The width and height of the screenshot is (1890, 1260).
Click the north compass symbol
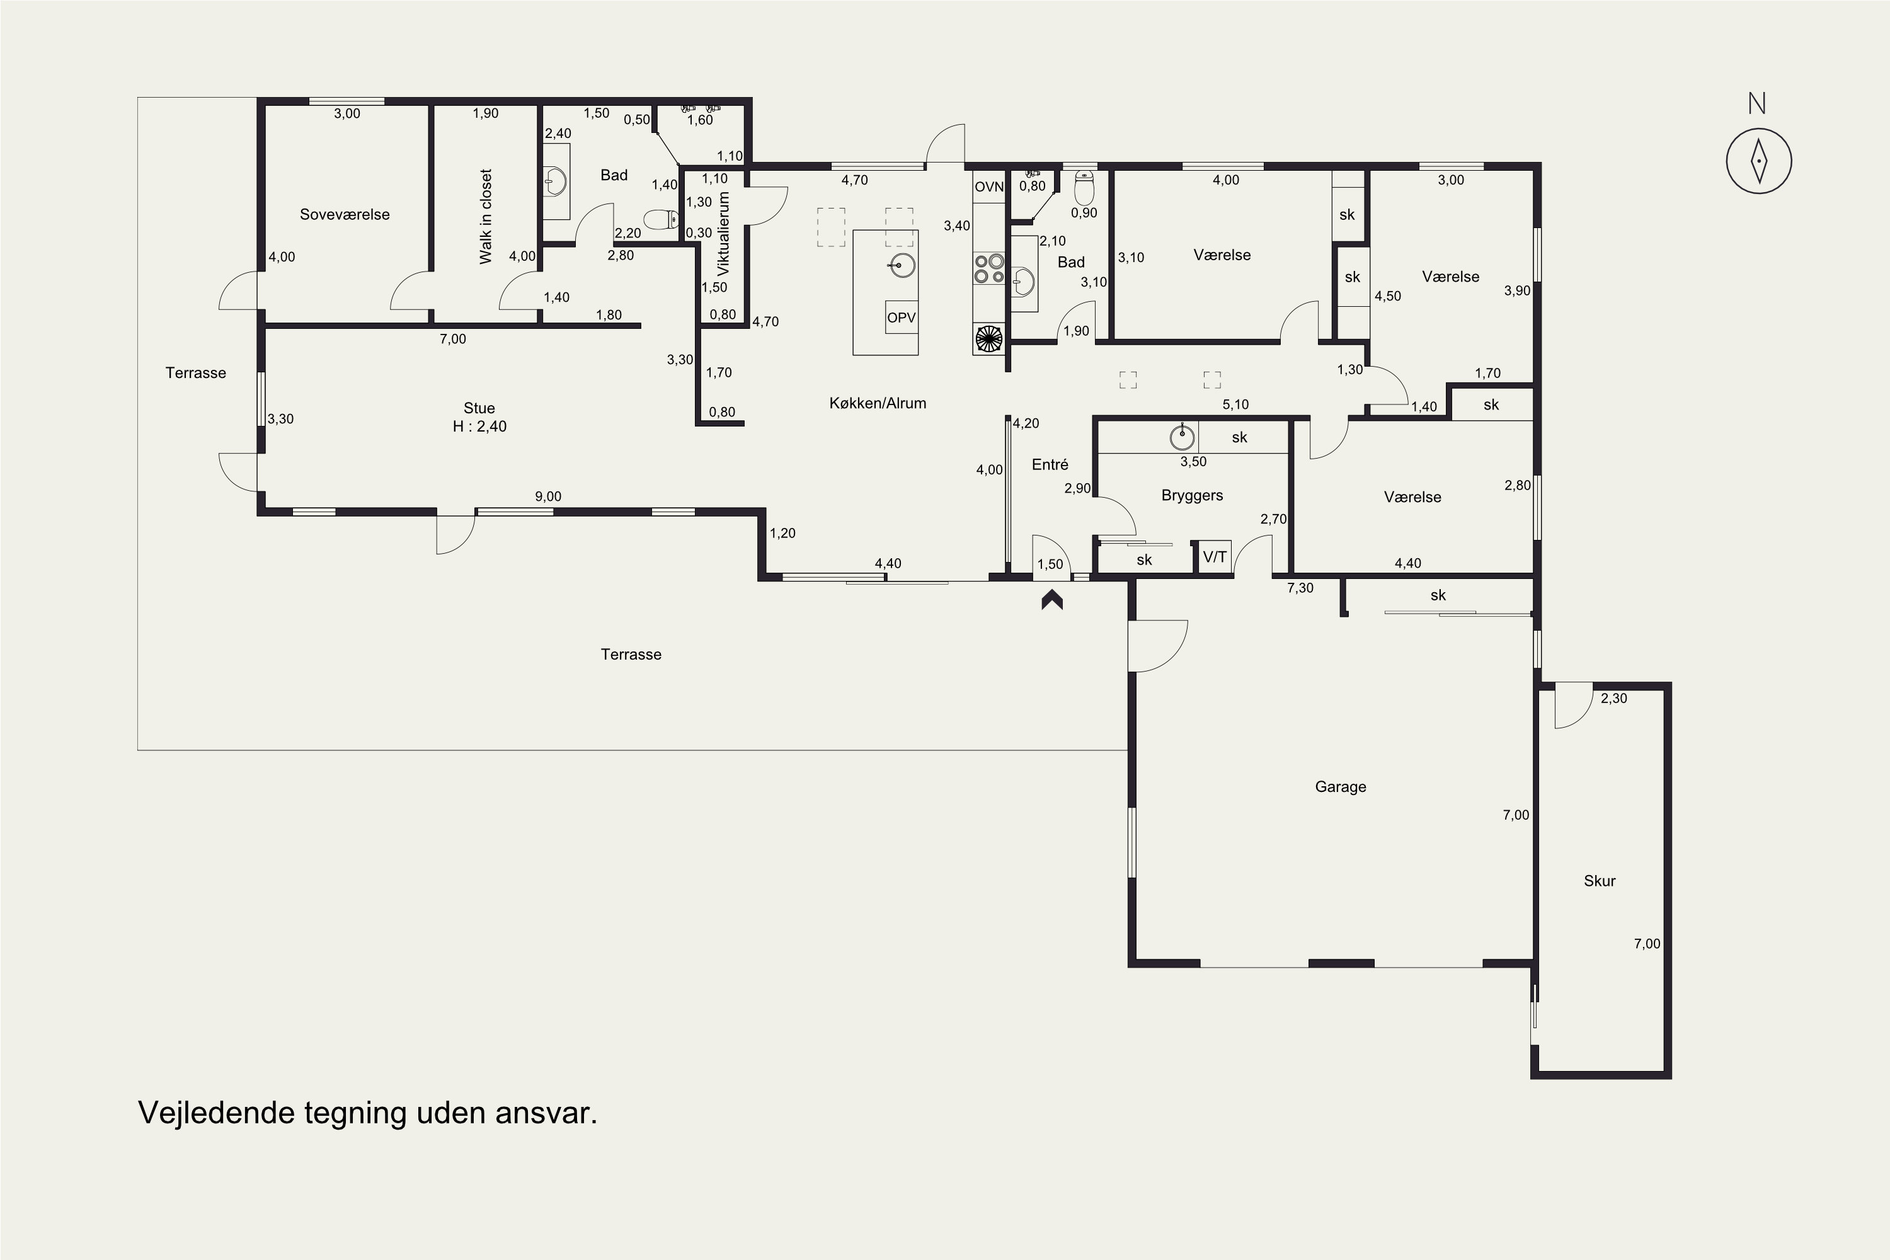tap(1758, 160)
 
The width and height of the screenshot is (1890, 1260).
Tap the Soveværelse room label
tap(345, 215)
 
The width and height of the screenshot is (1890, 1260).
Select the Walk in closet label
tap(485, 216)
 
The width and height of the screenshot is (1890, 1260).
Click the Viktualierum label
tap(723, 233)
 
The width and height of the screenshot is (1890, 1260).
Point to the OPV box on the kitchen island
tap(901, 318)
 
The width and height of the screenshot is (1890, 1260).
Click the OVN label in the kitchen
tap(989, 186)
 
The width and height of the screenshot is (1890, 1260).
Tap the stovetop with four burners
tap(989, 268)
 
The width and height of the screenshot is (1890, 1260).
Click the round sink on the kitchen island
tap(903, 265)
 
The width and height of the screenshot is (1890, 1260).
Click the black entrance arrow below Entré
tap(1052, 600)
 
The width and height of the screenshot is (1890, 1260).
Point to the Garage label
tap(1341, 787)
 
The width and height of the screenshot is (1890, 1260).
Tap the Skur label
tap(1599, 881)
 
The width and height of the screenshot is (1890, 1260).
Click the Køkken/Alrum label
tap(878, 403)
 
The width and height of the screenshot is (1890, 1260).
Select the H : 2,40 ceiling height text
tap(479, 427)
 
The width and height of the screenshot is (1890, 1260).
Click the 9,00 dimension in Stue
tap(548, 496)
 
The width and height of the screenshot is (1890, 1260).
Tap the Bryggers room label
tap(1192, 496)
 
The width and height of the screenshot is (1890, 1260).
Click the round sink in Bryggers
tap(1182, 437)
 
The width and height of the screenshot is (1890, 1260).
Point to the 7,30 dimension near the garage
tap(1300, 588)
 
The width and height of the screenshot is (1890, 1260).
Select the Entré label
tap(1050, 464)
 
